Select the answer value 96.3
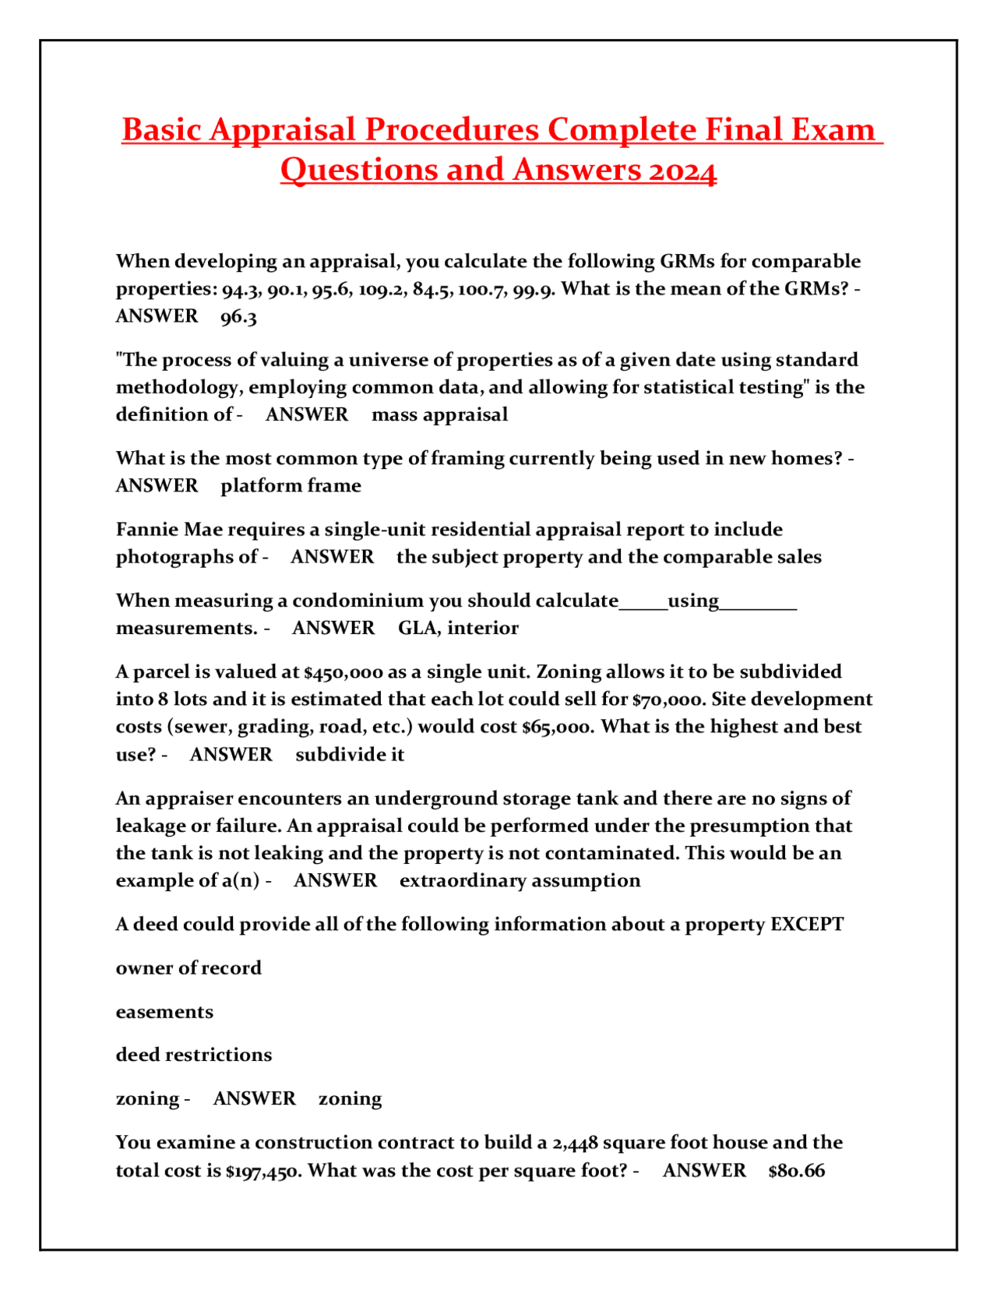coord(238,316)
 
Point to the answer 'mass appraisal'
coord(439,414)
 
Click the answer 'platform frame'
coord(291,485)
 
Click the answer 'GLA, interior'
coord(458,628)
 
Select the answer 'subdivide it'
coord(350,755)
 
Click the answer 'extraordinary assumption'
coord(520,881)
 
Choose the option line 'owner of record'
coord(188,968)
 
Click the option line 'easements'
coord(164,1012)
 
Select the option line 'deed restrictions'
coord(194,1055)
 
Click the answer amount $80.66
coord(796,1171)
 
